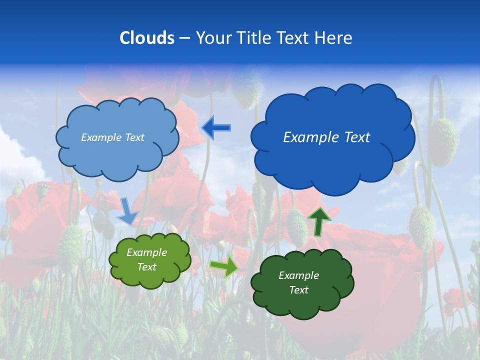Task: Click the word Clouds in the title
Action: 147,38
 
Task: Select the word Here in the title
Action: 334,38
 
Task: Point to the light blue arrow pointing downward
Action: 128,211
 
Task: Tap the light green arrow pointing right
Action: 223,267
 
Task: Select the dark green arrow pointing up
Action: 319,221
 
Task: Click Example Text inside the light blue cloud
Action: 112,137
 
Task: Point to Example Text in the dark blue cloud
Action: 326,137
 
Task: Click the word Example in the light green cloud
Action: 146,253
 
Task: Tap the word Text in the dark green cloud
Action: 298,290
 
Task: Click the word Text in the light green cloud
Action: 147,267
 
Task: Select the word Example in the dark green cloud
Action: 298,275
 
